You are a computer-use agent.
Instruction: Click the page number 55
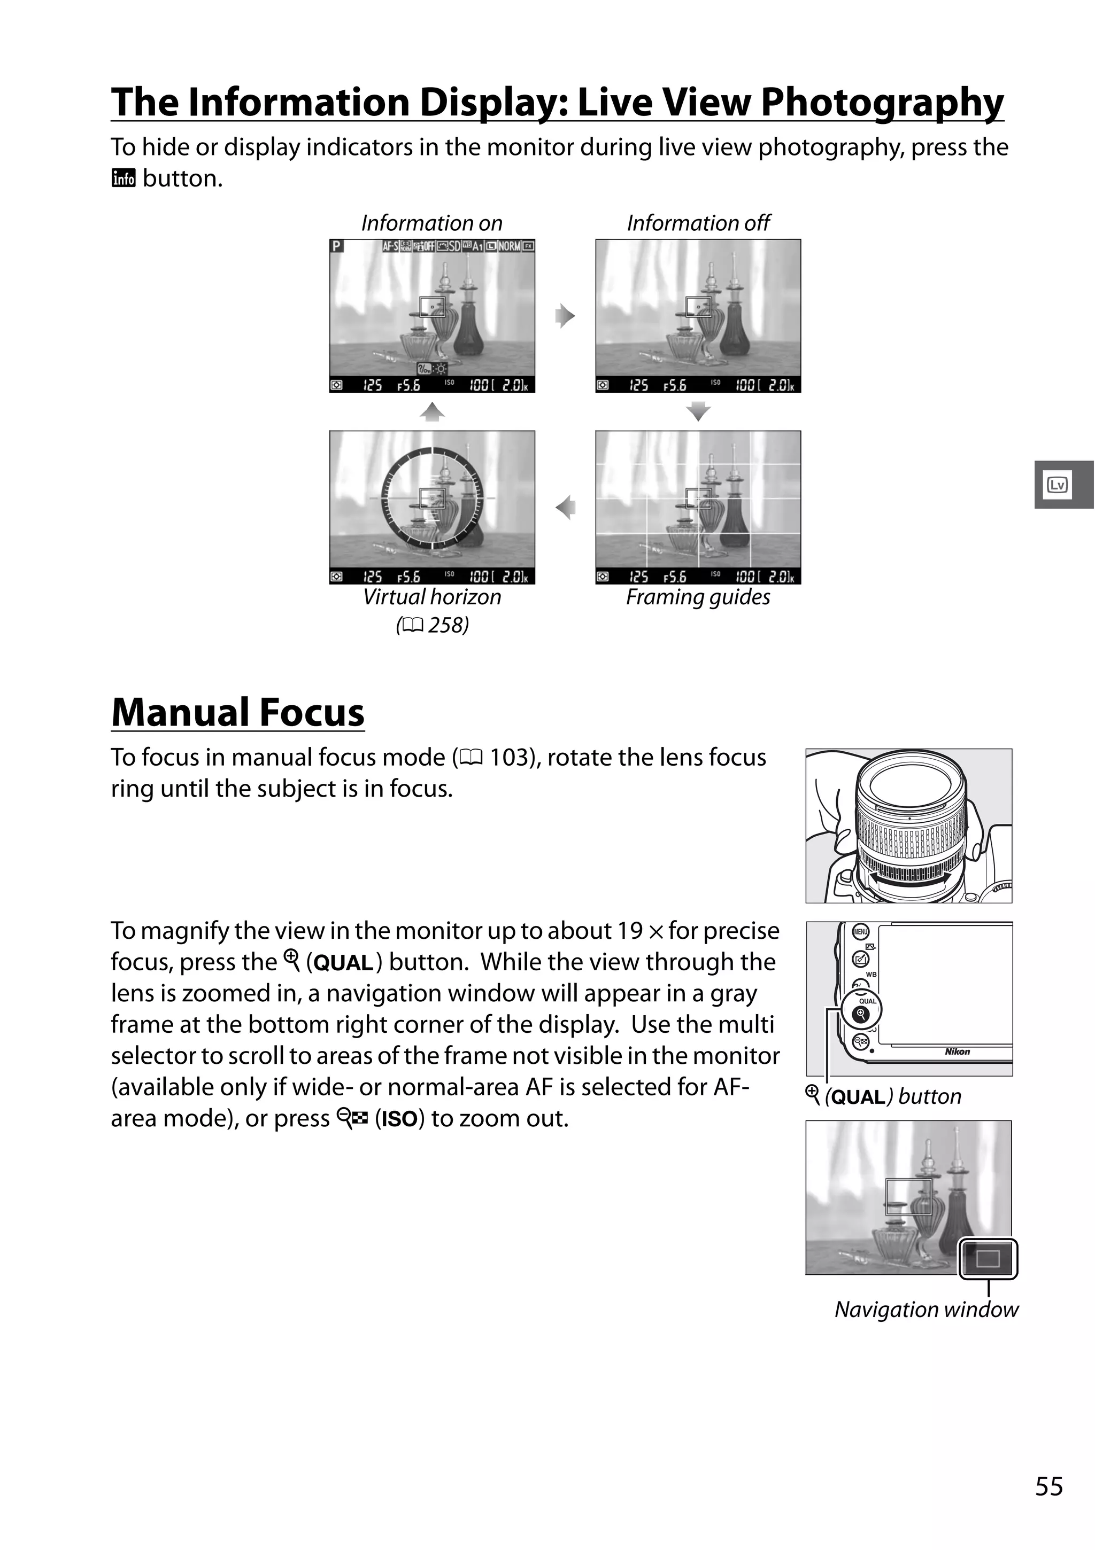click(x=1048, y=1486)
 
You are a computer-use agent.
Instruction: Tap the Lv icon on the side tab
click(x=1057, y=485)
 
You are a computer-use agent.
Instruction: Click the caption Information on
click(x=431, y=223)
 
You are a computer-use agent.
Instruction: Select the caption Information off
click(x=698, y=223)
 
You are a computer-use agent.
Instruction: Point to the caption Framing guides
click(x=698, y=597)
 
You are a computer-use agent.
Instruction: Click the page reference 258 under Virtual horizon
click(x=447, y=625)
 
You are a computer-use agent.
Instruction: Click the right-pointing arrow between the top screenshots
click(x=565, y=316)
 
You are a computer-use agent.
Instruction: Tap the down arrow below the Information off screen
click(x=698, y=411)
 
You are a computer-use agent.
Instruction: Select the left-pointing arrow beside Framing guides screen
click(x=565, y=507)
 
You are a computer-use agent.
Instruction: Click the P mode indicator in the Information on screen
click(x=337, y=246)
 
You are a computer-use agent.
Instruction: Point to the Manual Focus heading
click(x=238, y=712)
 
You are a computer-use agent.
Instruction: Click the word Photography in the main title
click(x=882, y=103)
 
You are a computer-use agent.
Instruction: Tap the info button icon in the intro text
click(x=124, y=179)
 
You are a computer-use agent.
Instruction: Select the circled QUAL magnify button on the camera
click(x=861, y=1012)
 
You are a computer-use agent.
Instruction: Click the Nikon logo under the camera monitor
click(x=957, y=1051)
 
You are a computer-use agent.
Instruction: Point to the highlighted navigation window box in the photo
click(x=988, y=1258)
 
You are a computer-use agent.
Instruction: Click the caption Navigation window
click(x=926, y=1310)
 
